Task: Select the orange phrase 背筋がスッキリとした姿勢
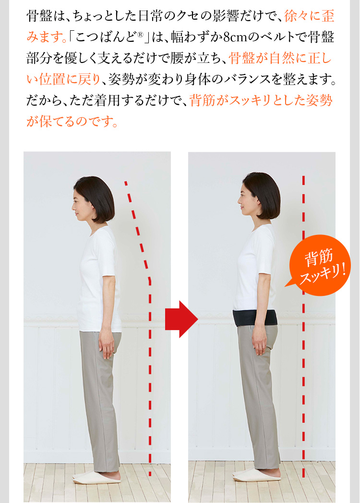[261, 100]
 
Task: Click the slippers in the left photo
[96, 478]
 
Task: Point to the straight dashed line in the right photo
[303, 336]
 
